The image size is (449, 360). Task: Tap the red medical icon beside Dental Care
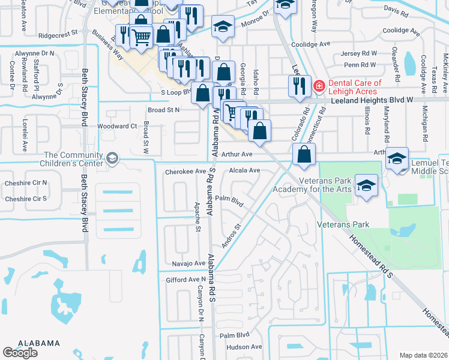pyautogui.click(x=319, y=86)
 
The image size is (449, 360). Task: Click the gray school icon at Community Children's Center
pyautogui.click(x=111, y=158)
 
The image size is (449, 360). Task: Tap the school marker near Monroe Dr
pyautogui.click(x=223, y=26)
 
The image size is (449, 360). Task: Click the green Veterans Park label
pyautogui.click(x=343, y=224)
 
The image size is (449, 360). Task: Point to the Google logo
pyautogui.click(x=20, y=353)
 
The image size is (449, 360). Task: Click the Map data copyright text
pyautogui.click(x=423, y=355)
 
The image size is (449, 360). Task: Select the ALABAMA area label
pyautogui.click(x=38, y=343)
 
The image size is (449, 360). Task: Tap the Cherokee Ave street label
pyautogui.click(x=185, y=171)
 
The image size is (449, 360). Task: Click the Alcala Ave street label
pyautogui.click(x=244, y=170)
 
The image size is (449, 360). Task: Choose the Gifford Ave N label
pyautogui.click(x=185, y=280)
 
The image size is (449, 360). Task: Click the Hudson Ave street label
pyautogui.click(x=244, y=347)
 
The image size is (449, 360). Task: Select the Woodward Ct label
pyautogui.click(x=117, y=126)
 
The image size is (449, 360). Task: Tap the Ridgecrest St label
pyautogui.click(x=58, y=35)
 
